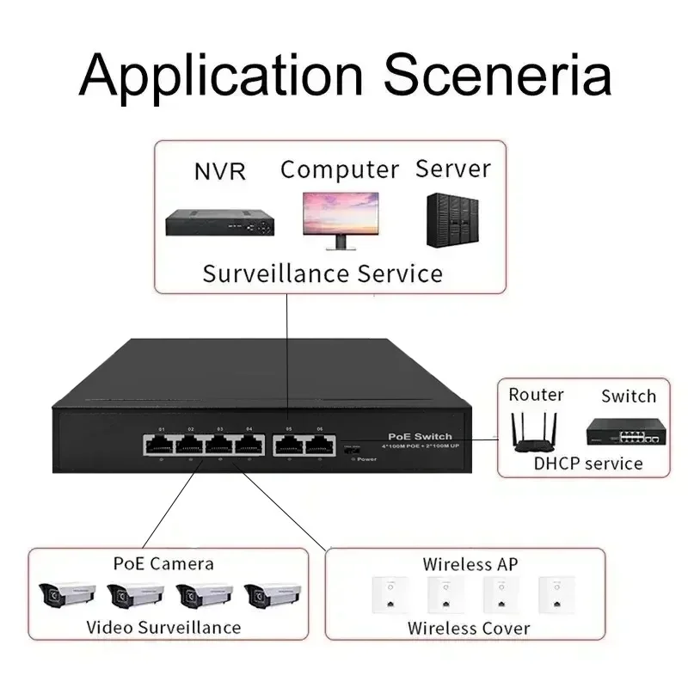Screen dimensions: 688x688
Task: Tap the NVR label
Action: click(x=219, y=171)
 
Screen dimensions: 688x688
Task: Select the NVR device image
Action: click(x=222, y=223)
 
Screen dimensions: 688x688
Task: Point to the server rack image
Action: click(x=452, y=220)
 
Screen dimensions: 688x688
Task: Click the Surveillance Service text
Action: click(x=322, y=274)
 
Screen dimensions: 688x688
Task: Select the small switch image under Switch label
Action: click(x=627, y=431)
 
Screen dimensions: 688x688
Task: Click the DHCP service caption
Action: click(x=588, y=464)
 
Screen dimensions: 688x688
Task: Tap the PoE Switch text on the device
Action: click(x=421, y=437)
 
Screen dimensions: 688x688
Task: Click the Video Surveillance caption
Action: click(x=163, y=627)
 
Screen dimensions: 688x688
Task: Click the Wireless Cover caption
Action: click(x=469, y=628)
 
